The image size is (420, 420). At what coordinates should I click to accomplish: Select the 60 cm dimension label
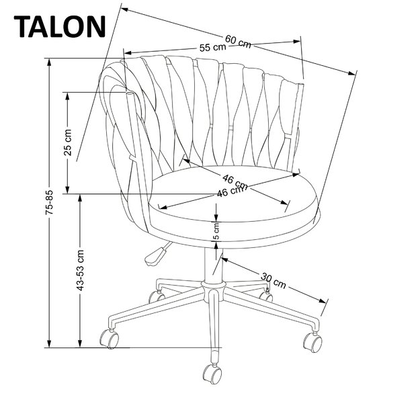[x=239, y=41]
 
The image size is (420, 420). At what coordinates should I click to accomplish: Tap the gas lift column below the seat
[x=213, y=269]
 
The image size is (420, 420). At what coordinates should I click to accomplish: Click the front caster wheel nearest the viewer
[x=211, y=374]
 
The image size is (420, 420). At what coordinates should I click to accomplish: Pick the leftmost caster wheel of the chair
[x=108, y=338]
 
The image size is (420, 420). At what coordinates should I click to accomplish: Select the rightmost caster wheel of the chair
[x=312, y=342]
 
